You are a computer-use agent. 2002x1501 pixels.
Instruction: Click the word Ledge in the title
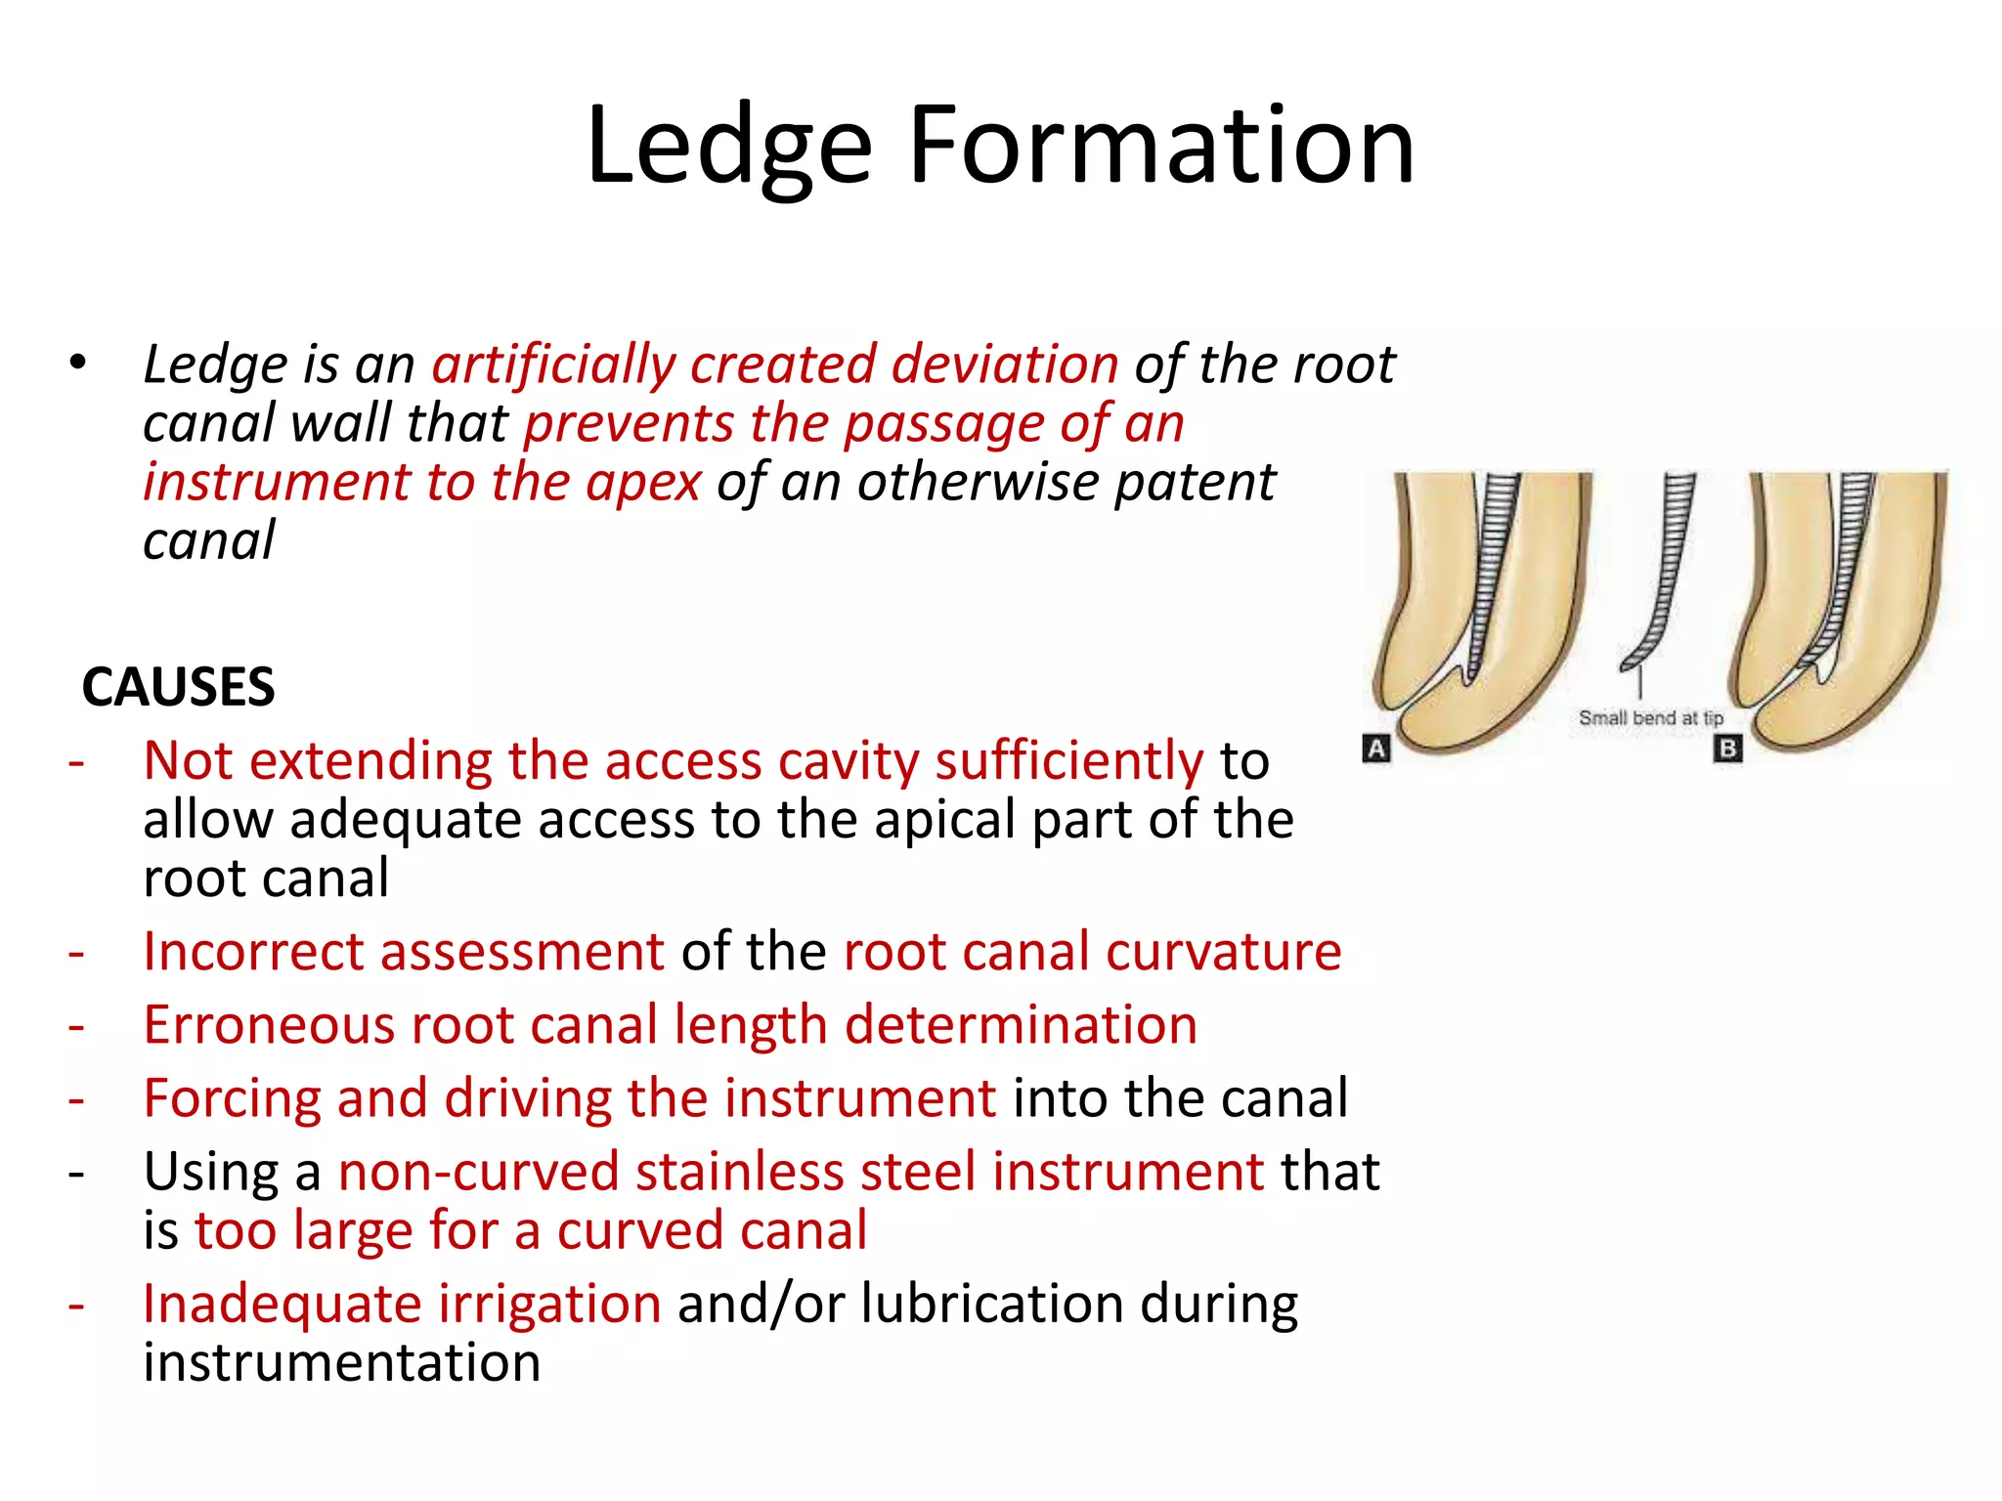(728, 147)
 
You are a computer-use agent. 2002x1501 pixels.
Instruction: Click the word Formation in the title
(1161, 147)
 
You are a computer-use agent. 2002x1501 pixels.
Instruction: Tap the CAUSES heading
(178, 687)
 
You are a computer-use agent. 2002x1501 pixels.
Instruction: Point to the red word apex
(642, 483)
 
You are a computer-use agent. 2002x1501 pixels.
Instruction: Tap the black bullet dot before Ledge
(78, 364)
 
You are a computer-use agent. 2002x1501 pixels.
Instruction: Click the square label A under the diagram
(1376, 749)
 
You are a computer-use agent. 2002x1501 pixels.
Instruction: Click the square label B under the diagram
(1727, 749)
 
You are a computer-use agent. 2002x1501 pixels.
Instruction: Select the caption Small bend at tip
(1650, 718)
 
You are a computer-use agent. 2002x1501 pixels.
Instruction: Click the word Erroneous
(269, 1026)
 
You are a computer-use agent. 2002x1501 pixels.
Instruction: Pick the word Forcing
(232, 1099)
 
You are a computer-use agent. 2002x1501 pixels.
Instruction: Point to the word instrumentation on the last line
(341, 1363)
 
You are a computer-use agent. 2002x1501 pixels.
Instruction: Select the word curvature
(1223, 952)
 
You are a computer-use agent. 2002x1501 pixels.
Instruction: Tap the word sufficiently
(1068, 762)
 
